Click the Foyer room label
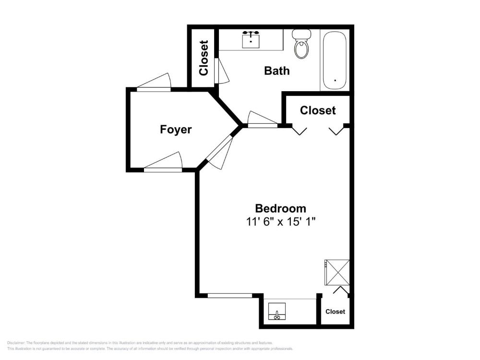[x=176, y=130]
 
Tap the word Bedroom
[x=280, y=208]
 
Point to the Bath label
[x=277, y=71]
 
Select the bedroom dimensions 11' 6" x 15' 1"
[x=281, y=222]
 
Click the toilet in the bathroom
[x=301, y=44]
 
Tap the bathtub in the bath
[x=335, y=60]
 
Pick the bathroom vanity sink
[x=251, y=40]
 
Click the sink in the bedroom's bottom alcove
[x=277, y=312]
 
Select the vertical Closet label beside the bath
[x=204, y=58]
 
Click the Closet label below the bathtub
[x=318, y=110]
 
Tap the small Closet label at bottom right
[x=335, y=312]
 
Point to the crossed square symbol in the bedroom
[x=337, y=273]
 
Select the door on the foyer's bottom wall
[x=163, y=162]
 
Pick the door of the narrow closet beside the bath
[x=221, y=71]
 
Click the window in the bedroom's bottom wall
[x=230, y=296]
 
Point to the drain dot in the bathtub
[x=335, y=80]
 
